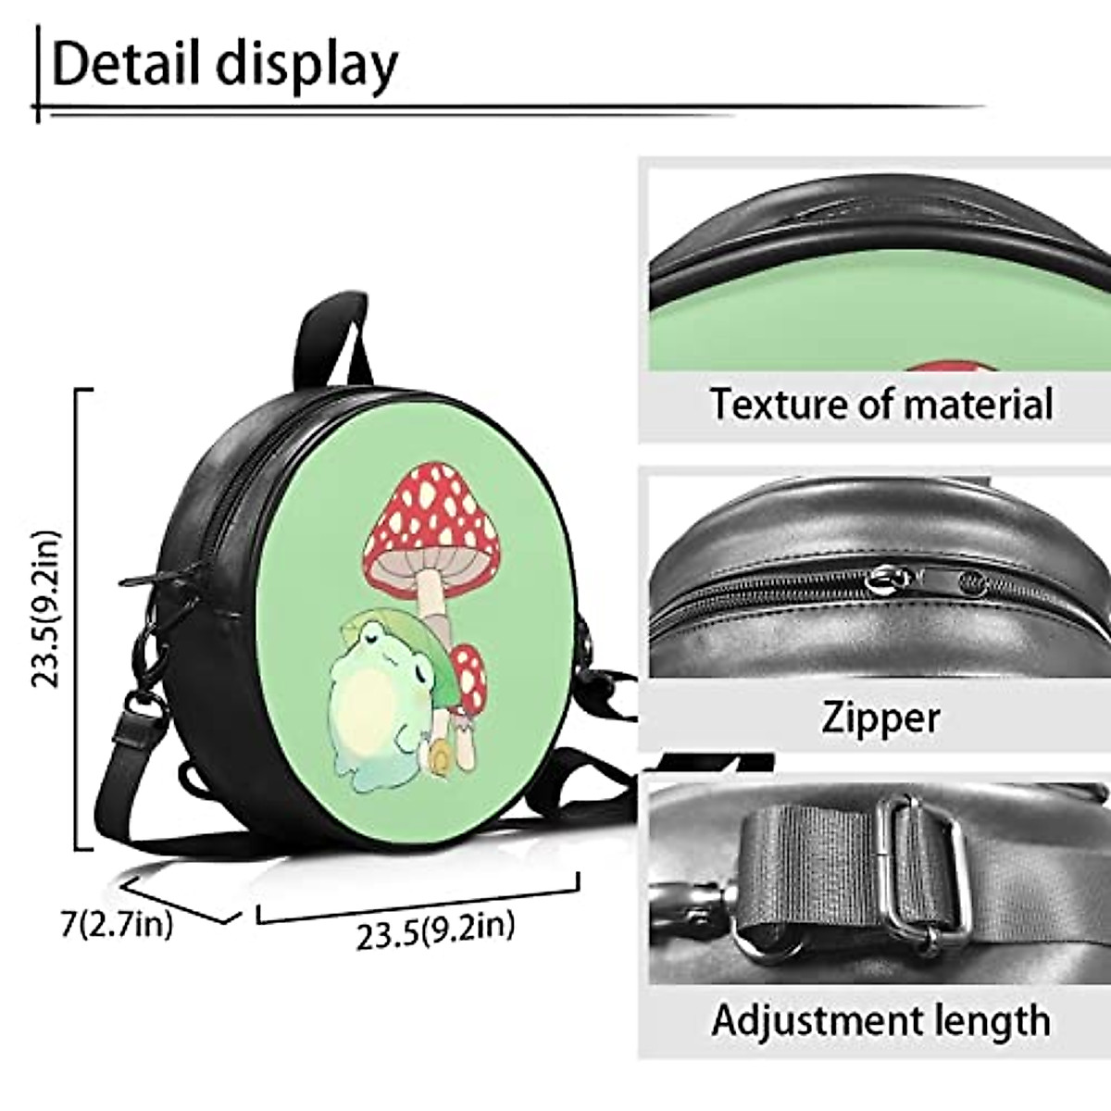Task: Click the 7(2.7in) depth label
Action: pos(117,923)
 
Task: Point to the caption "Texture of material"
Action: pos(880,405)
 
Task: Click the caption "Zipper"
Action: pos(880,718)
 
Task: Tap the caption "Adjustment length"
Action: pos(880,1020)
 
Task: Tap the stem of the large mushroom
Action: pos(431,597)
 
